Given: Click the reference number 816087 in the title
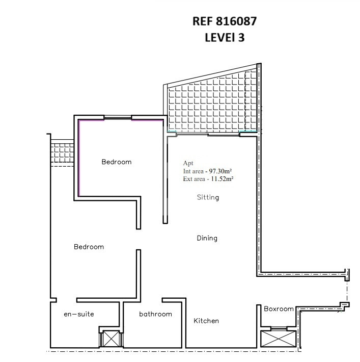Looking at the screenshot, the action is click(236, 21).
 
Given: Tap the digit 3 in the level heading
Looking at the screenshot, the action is click(241, 37).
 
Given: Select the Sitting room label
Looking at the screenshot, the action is click(208, 197).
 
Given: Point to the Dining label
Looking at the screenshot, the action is click(207, 238).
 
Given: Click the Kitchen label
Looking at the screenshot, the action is click(206, 321).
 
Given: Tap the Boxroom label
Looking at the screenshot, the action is click(279, 308).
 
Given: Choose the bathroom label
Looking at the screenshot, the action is click(155, 314).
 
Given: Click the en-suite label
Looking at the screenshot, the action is click(79, 314).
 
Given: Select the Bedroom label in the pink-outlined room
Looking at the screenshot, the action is click(117, 162).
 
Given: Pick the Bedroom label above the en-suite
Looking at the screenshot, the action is click(89, 247).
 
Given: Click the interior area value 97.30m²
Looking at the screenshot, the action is click(220, 171).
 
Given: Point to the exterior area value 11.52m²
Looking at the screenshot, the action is click(222, 178).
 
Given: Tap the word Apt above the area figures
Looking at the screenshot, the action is click(188, 163).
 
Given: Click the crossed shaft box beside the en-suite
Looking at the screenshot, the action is click(111, 339).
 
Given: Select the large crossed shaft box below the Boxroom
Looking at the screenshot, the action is click(279, 339).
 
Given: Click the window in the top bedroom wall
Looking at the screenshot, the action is click(118, 117).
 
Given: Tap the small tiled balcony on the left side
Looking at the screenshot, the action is click(62, 153).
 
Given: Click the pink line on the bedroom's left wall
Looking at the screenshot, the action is click(78, 158).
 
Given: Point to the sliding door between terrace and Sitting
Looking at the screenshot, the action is click(208, 135).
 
